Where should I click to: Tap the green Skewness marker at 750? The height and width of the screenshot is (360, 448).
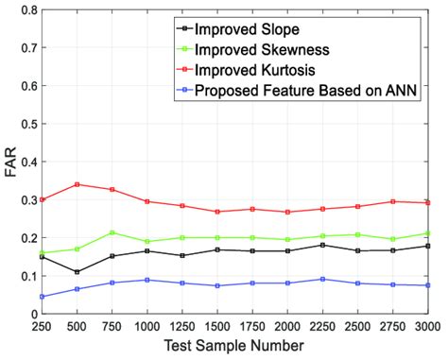(x=112, y=232)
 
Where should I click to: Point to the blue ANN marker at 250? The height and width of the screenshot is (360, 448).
(x=43, y=297)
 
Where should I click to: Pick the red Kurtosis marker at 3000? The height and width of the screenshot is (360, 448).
(x=427, y=202)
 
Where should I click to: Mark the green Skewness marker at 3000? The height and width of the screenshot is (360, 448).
(x=427, y=233)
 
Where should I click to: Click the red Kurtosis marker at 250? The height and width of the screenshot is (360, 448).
(x=43, y=199)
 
